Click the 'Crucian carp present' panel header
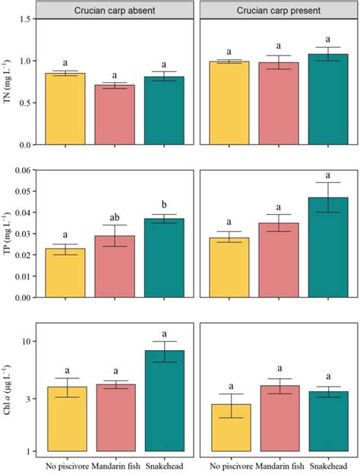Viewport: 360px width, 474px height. point(277,10)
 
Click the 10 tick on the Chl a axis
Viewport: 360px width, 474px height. point(28,342)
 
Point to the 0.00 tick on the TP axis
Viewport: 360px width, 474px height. point(25,297)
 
